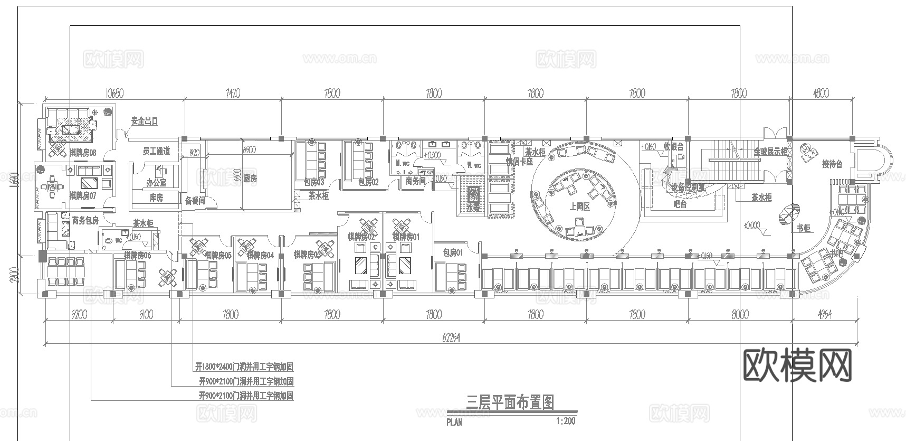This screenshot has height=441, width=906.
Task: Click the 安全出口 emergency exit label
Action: [x=144, y=121]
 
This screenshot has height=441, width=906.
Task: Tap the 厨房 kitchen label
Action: [x=250, y=179]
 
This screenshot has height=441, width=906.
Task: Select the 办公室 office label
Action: [x=156, y=183]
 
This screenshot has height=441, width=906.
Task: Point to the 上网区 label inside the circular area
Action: [x=579, y=207]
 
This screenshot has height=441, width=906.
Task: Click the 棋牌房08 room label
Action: [x=83, y=153]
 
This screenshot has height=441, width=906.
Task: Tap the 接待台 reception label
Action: [x=832, y=164]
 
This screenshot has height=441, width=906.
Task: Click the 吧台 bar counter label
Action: [x=680, y=204]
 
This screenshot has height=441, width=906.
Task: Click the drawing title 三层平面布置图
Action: [x=510, y=403]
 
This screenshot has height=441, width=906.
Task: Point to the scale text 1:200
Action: [x=565, y=421]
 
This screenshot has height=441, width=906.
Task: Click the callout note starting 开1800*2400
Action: [x=244, y=367]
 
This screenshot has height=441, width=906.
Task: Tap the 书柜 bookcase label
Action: [x=803, y=229]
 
